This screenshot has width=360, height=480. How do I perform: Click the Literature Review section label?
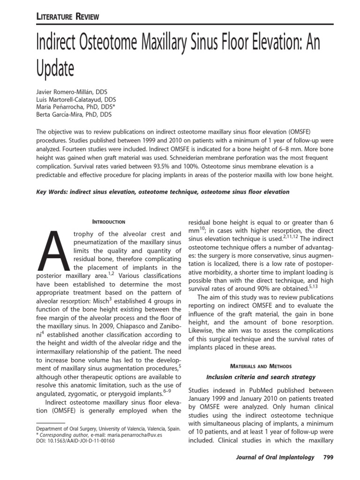pyautogui.click(x=67, y=17)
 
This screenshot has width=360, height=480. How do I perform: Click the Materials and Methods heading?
pyautogui.click(x=261, y=366)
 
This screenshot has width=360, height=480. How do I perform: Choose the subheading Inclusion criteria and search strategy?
pyautogui.click(x=261, y=377)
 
